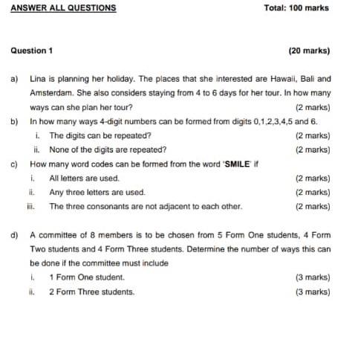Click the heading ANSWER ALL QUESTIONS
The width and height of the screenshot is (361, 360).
63,8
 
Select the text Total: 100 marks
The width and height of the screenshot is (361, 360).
296,8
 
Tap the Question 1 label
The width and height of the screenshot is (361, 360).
32,51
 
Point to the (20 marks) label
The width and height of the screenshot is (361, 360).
309,51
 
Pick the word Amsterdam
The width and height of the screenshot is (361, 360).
52,93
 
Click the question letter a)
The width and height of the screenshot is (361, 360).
14,79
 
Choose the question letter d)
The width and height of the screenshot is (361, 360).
14,235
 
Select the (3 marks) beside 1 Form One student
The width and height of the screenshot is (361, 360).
313,277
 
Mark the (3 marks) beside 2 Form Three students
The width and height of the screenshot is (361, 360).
313,292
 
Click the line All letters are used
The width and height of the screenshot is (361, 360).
84,179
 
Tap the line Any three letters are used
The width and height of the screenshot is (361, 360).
97,193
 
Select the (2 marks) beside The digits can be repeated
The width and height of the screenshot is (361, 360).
313,135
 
